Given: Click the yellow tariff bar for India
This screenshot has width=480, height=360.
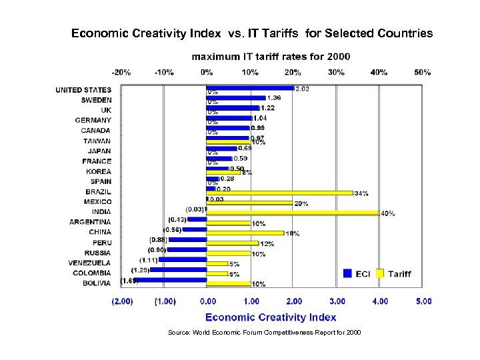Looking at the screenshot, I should [x=293, y=213].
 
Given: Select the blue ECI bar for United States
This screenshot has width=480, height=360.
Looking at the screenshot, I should [x=250, y=87].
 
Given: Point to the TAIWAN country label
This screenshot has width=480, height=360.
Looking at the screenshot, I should [x=97, y=141].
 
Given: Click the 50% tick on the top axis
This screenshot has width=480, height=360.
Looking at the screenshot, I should [x=421, y=72].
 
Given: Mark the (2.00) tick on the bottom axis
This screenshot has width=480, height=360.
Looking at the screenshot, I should [x=121, y=301].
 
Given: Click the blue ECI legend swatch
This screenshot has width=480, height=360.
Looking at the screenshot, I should [x=347, y=273].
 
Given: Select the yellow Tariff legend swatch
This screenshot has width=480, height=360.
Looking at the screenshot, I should [x=381, y=273].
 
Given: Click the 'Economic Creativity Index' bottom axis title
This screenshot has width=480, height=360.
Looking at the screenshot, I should [x=271, y=317].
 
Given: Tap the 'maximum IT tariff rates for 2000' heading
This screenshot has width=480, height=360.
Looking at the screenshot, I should [x=271, y=57].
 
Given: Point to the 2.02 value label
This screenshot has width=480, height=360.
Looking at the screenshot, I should [x=301, y=88].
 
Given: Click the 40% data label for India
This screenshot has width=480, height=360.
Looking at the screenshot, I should [x=387, y=213].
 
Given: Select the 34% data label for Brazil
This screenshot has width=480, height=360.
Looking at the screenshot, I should [x=361, y=193].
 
